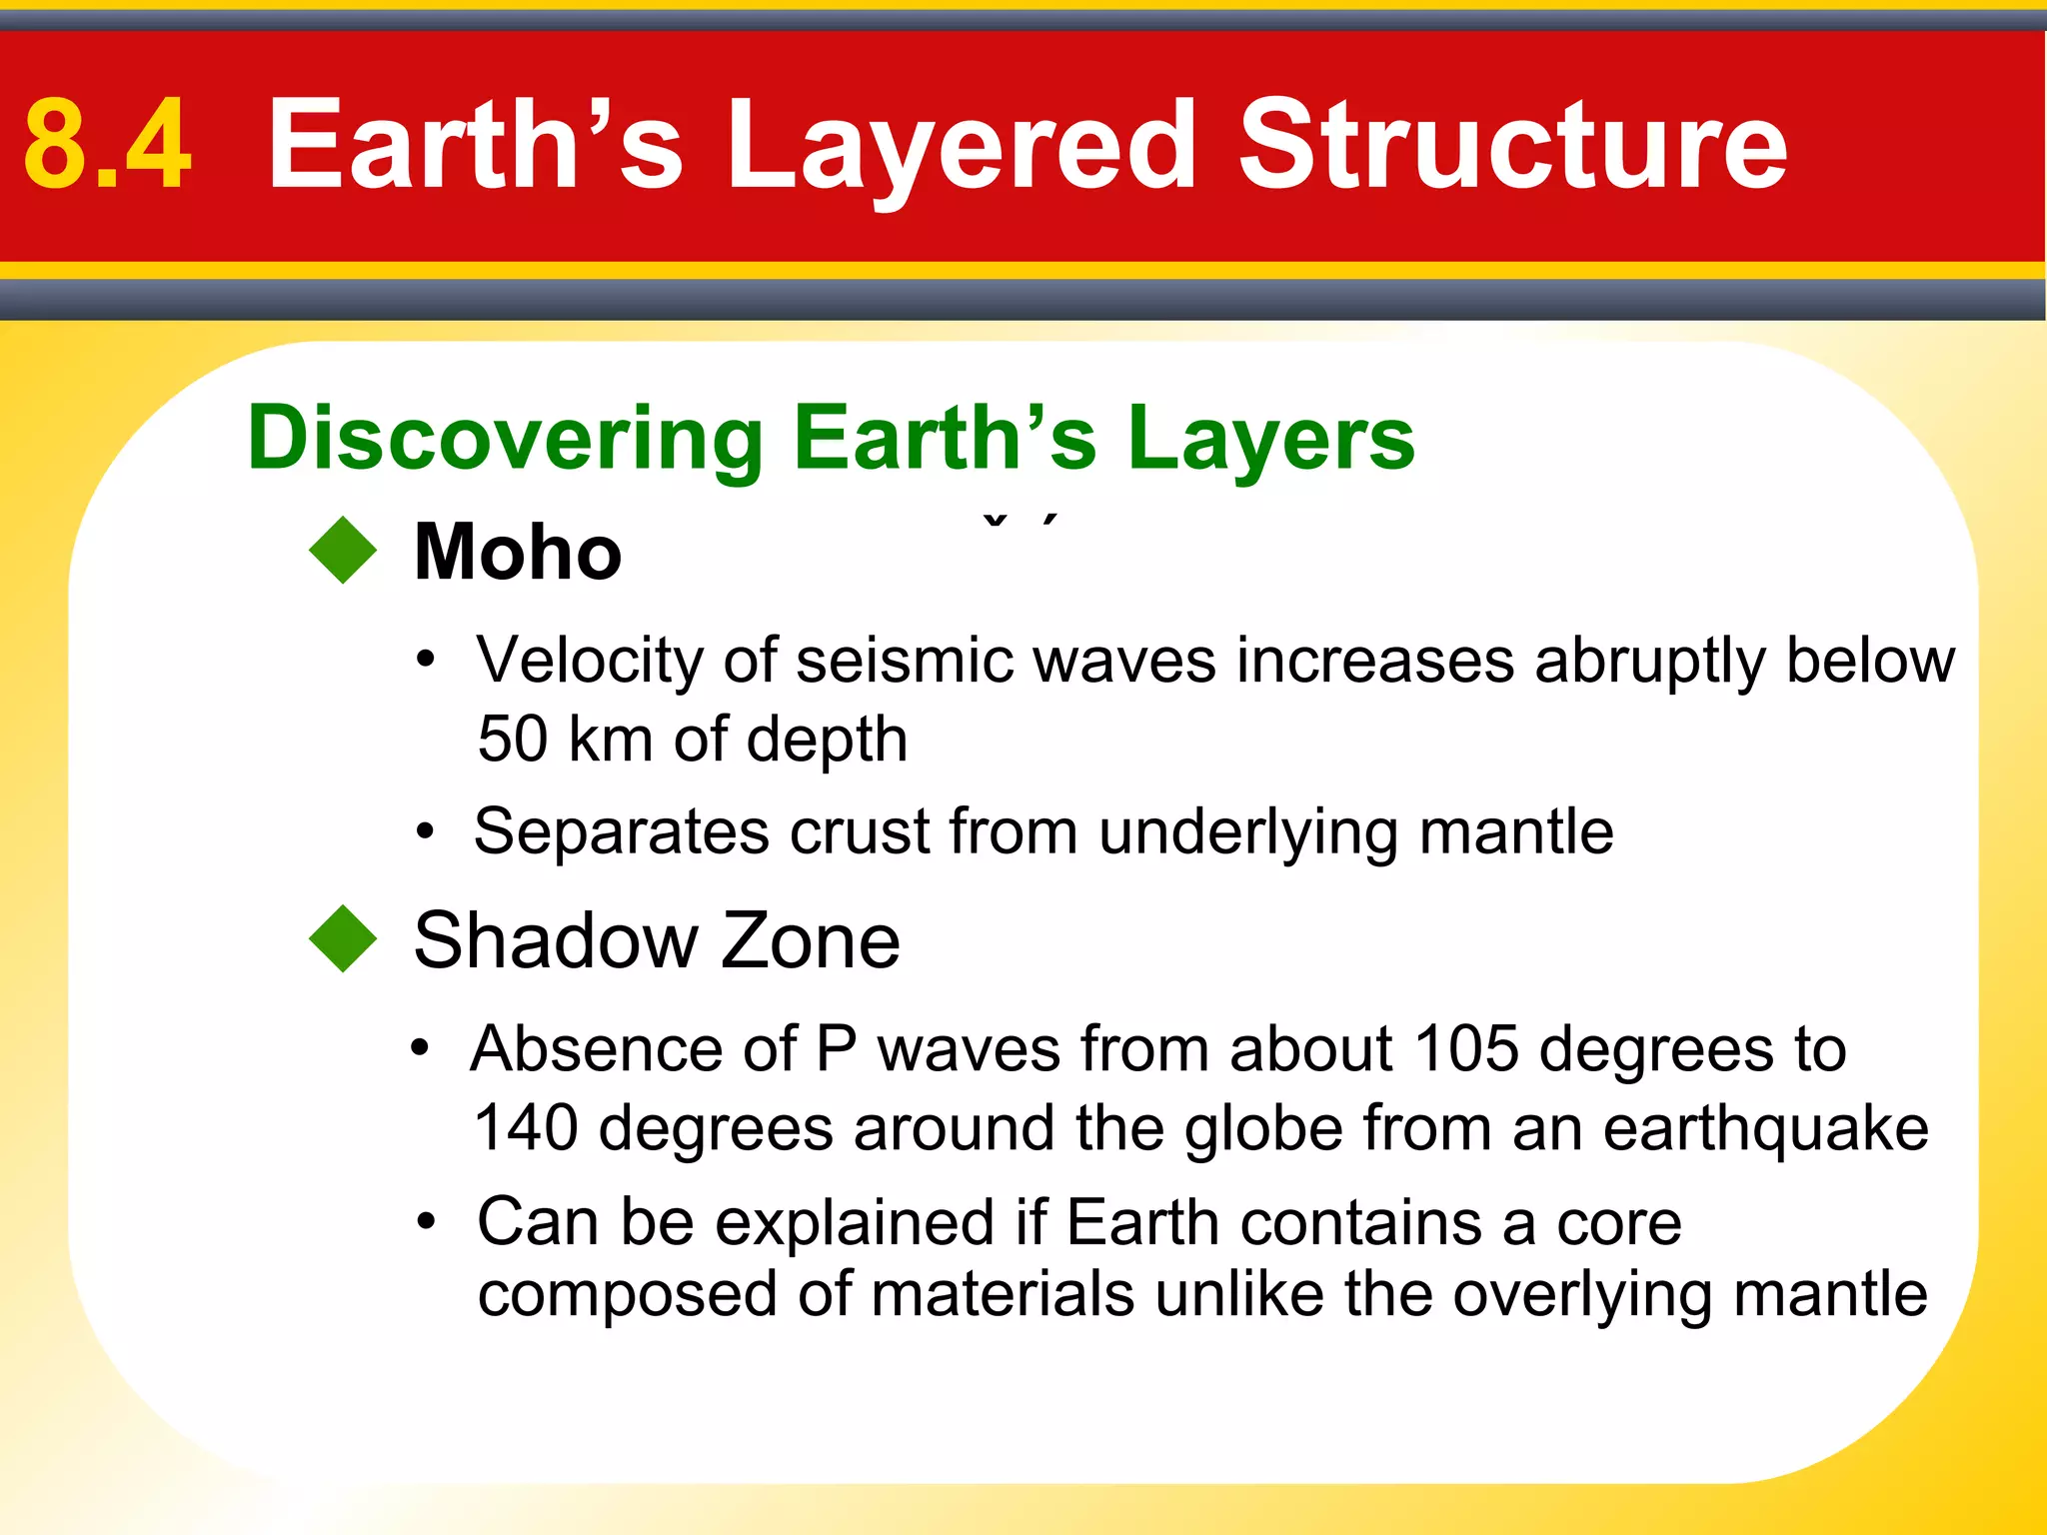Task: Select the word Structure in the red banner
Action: coord(1512,145)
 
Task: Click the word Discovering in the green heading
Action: coord(505,440)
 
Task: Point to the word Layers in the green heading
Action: coord(1270,440)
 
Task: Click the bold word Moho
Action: coord(517,552)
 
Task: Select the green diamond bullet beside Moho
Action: coord(343,550)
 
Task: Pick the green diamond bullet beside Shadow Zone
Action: coord(343,938)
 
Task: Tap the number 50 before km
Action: coord(513,740)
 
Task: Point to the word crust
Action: coord(860,831)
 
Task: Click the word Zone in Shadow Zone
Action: coord(810,941)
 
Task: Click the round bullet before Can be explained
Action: coord(427,1222)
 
